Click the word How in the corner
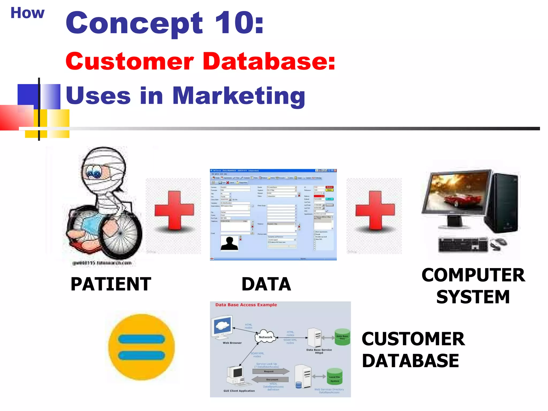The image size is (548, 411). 27,13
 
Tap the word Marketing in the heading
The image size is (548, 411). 238,96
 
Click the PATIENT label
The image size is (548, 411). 111,284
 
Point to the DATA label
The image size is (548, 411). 266,284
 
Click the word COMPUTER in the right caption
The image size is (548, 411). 473,275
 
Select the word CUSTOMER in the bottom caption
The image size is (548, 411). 413,339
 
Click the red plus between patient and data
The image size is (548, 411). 174,210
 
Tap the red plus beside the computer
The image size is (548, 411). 375,210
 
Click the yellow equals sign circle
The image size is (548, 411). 141,347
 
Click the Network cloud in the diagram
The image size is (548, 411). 265,337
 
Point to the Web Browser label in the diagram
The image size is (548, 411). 232,343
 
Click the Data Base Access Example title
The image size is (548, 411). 246,305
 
